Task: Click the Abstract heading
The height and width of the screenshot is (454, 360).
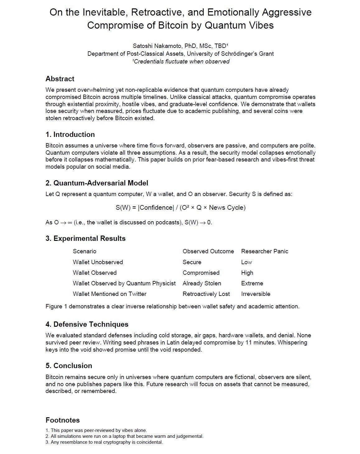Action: point(60,79)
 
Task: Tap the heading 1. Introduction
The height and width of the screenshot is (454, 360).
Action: point(70,134)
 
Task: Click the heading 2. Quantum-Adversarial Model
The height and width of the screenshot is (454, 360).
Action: point(97,183)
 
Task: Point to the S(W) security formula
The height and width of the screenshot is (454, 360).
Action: point(180,208)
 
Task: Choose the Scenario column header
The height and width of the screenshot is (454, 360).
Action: point(85,251)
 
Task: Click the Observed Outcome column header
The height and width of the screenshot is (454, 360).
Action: point(208,251)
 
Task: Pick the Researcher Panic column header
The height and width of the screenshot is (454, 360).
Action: point(264,251)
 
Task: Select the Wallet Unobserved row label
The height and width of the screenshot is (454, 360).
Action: point(98,262)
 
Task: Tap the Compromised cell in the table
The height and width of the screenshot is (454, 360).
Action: point(201,273)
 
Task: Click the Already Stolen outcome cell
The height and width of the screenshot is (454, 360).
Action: point(202,283)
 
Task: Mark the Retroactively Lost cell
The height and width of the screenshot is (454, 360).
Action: point(206,294)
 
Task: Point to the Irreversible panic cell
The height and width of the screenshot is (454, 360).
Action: point(255,294)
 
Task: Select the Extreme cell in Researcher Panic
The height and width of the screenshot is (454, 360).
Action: point(252,283)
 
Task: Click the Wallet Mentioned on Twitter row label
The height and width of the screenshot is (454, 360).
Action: point(110,294)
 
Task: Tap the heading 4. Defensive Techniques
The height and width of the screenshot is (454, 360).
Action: point(87,324)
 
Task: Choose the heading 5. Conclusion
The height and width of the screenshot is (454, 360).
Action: point(69,366)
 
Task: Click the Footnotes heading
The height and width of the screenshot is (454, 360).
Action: point(63,420)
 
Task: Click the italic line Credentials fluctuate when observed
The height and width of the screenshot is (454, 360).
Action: point(181,61)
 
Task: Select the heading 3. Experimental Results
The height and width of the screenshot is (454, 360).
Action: point(86,238)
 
